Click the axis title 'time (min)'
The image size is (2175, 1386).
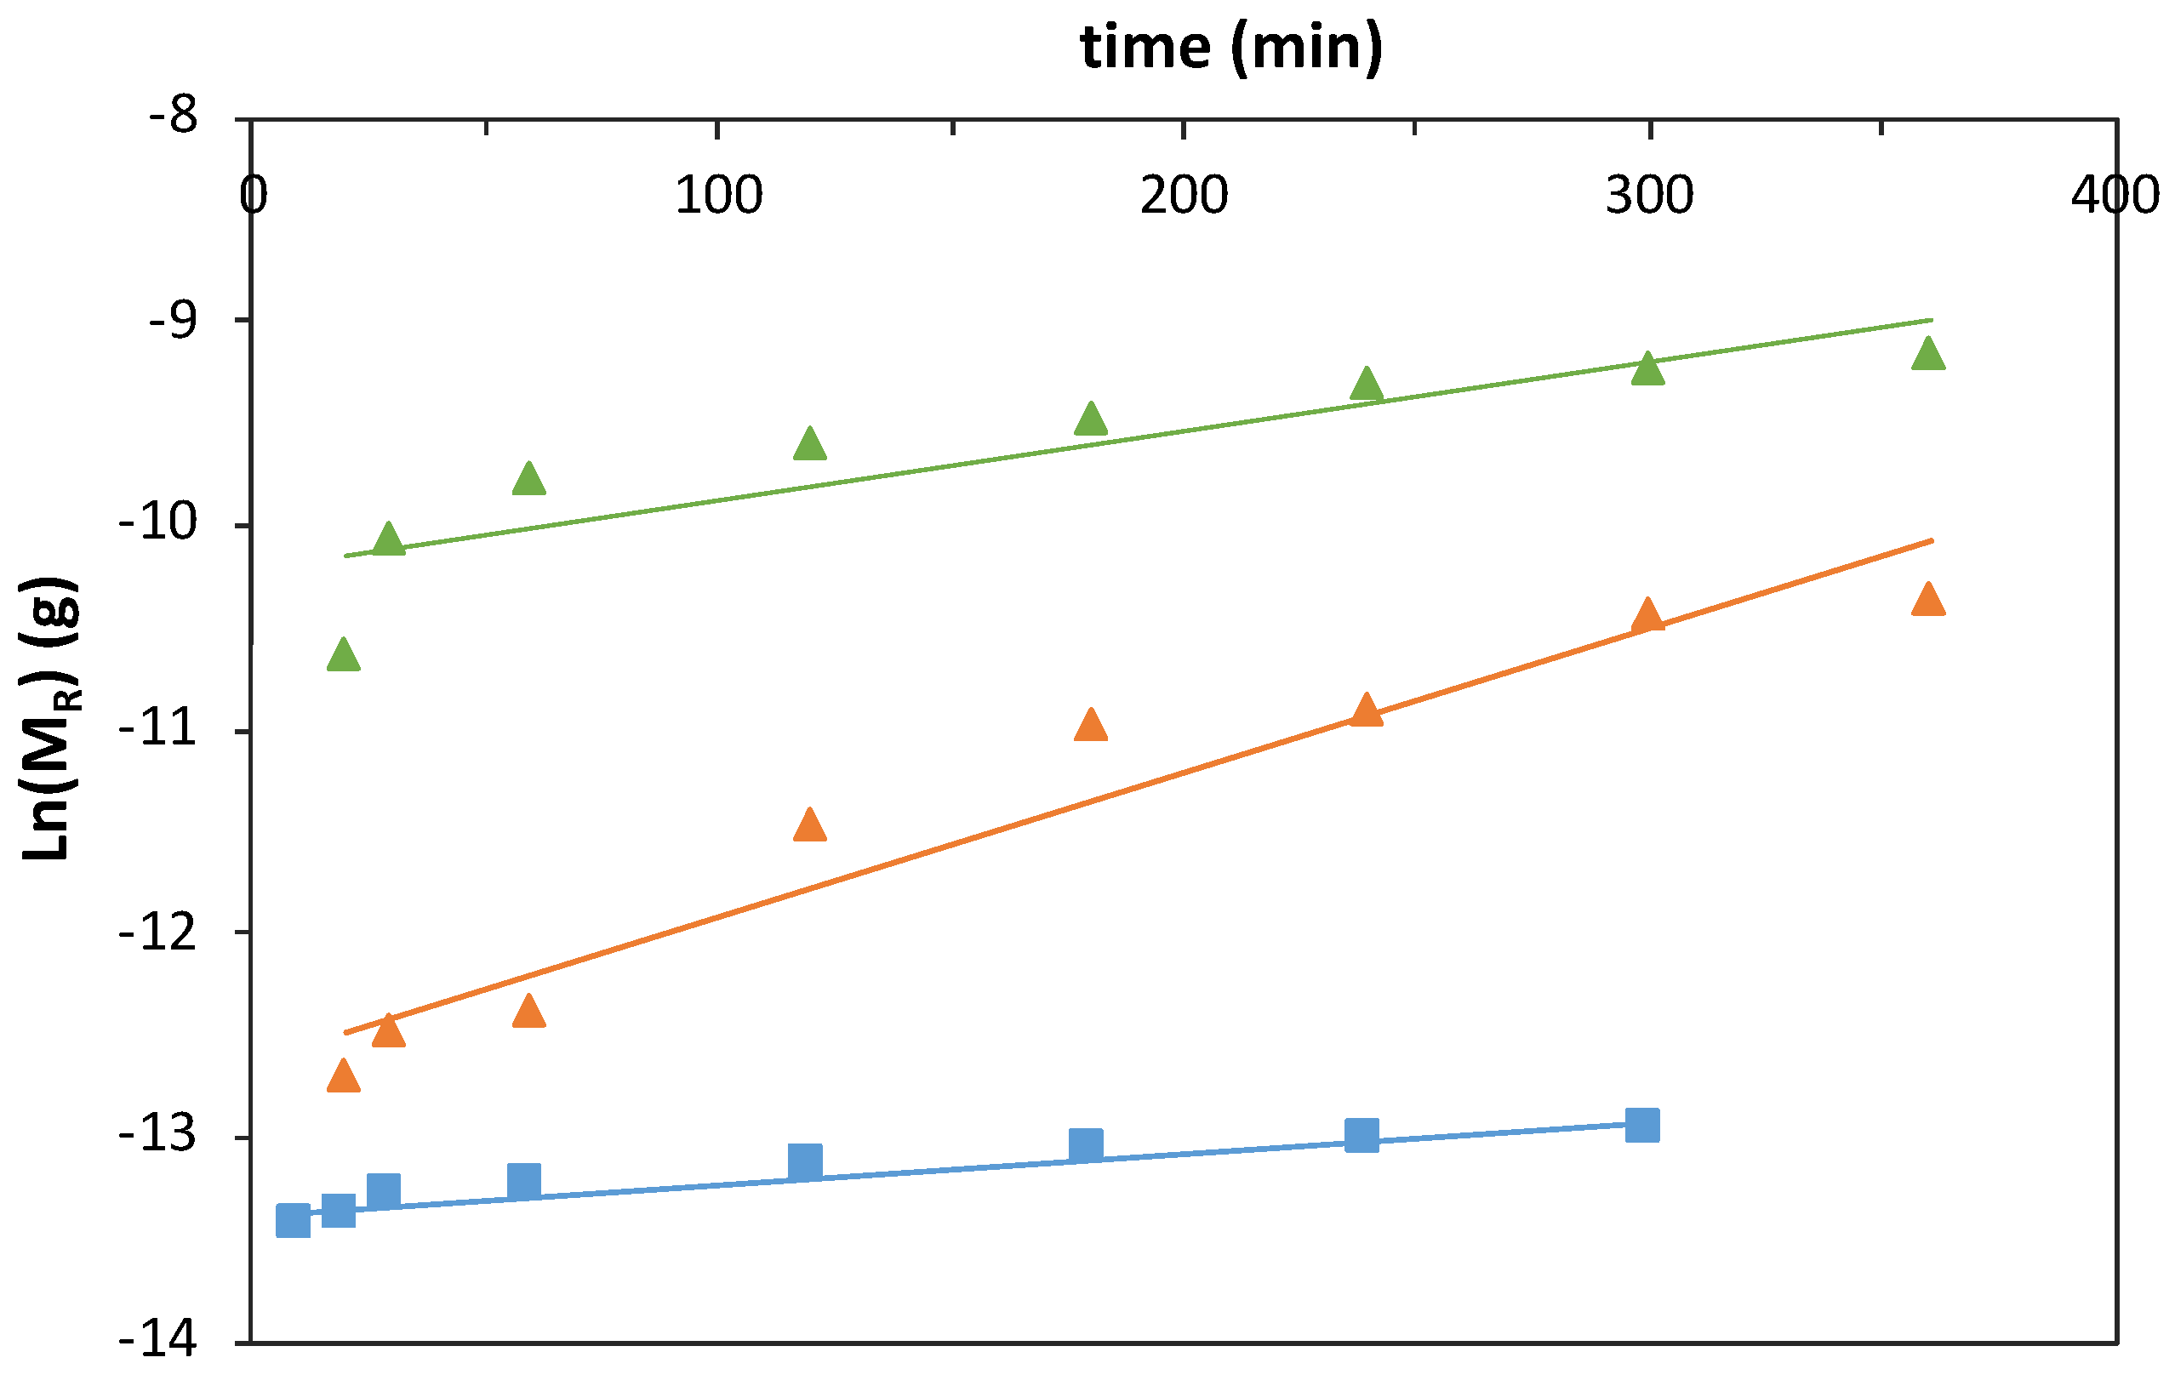point(1231,47)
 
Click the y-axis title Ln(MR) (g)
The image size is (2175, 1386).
point(49,719)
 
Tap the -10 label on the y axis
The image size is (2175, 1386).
point(159,525)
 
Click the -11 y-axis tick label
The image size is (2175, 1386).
point(159,728)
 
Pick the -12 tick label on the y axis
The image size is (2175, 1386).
point(159,933)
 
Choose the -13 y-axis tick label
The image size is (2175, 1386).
point(159,1137)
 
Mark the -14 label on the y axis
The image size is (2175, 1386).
point(159,1341)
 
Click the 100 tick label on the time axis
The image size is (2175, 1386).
point(718,195)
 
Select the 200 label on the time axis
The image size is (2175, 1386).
point(1184,195)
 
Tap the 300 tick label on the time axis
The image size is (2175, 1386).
point(1649,195)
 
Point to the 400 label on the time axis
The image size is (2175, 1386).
point(2115,195)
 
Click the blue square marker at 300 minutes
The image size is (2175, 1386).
point(1642,1126)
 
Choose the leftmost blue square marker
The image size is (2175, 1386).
point(294,1221)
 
